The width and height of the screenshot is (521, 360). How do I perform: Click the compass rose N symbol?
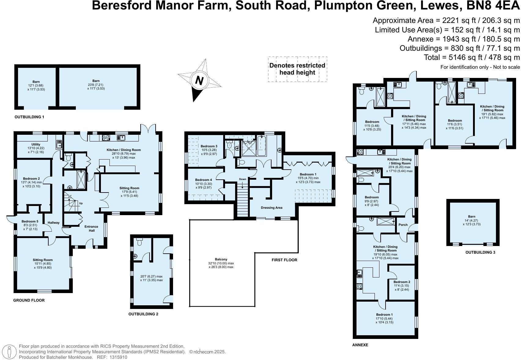tap(199, 81)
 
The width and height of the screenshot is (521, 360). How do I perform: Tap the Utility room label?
tap(36, 145)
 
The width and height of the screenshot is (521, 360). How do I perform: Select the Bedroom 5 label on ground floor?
tap(30, 222)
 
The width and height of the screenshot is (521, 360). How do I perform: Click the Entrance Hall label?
tap(91, 228)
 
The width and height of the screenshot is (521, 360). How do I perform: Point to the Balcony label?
tap(220, 259)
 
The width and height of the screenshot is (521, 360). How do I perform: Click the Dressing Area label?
tap(272, 208)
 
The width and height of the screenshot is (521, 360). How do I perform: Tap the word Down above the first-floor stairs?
tap(242, 179)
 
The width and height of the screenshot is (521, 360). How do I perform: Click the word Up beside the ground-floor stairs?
tap(81, 203)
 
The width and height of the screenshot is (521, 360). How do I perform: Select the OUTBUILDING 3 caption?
tap(480, 252)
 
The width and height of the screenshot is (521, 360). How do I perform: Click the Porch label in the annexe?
tap(403, 225)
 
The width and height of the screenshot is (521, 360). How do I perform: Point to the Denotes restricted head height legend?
tap(297, 69)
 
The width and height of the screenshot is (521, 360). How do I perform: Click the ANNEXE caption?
tap(360, 345)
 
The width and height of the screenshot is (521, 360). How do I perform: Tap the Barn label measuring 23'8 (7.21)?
tap(96, 81)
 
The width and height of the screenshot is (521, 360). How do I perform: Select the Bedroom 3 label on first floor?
tap(209, 146)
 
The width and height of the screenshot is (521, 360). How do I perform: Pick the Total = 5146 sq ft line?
tap(471, 57)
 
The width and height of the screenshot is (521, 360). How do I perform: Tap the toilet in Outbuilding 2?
tap(140, 242)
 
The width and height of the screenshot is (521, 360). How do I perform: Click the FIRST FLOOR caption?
tap(284, 260)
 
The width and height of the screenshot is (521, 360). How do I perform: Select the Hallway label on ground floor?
tap(54, 223)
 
